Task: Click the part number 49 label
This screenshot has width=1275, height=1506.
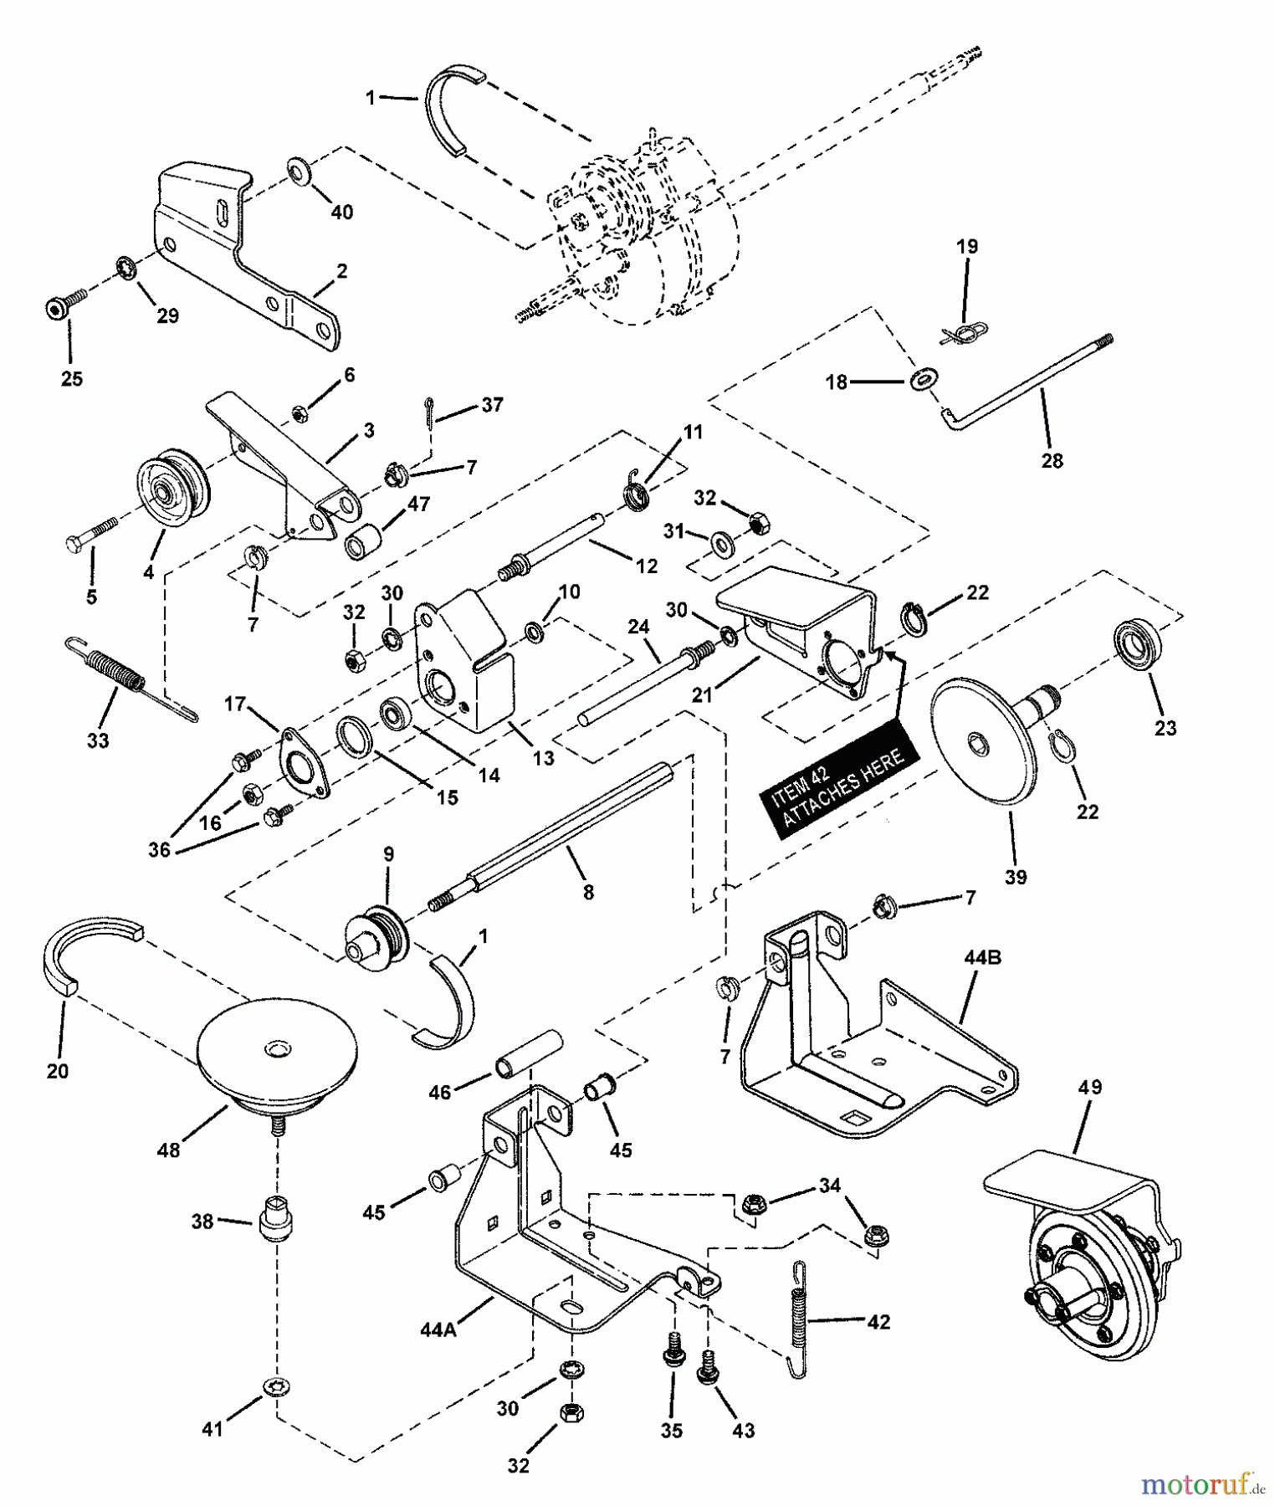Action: point(1090,1088)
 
